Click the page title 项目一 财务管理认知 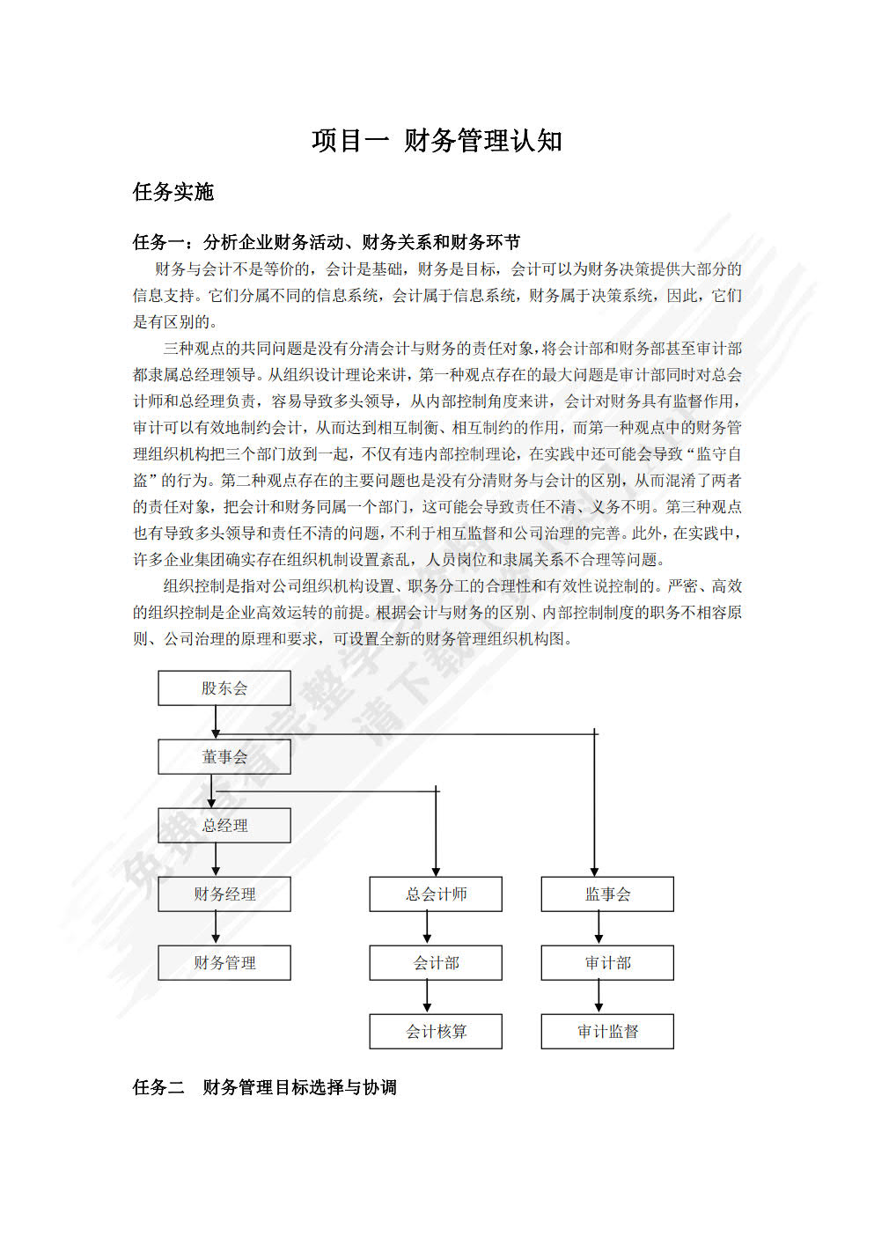click(x=437, y=141)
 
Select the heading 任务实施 click(x=173, y=192)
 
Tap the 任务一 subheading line click(x=326, y=242)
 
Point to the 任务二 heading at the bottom click(x=264, y=1087)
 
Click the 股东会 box click(x=224, y=688)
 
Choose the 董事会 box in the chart click(x=224, y=757)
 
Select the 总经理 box click(x=224, y=826)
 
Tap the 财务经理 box click(x=224, y=894)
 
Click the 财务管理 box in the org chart click(x=224, y=963)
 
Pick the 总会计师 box click(x=436, y=894)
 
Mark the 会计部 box click(x=436, y=963)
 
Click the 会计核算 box click(x=436, y=1032)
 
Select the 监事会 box click(x=607, y=894)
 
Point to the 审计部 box click(x=607, y=963)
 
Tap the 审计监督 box click(x=607, y=1032)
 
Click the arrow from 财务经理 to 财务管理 click(x=216, y=928)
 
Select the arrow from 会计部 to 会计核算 click(x=427, y=997)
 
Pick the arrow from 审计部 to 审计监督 click(x=599, y=997)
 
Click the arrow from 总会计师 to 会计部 click(x=427, y=928)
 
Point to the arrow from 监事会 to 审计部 click(x=599, y=928)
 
